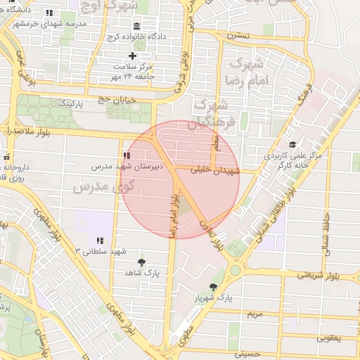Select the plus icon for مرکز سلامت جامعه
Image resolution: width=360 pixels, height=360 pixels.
pos(132,56)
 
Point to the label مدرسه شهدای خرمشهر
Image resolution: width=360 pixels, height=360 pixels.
pos(49,23)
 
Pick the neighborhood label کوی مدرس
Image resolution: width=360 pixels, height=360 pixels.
pos(103,187)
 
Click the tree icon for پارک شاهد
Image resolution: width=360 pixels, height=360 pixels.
pos(143,262)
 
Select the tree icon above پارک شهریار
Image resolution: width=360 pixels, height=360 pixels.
pos(213,287)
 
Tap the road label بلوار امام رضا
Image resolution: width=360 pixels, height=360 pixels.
pos(172,219)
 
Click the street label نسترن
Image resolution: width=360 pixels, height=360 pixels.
pos(238,34)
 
